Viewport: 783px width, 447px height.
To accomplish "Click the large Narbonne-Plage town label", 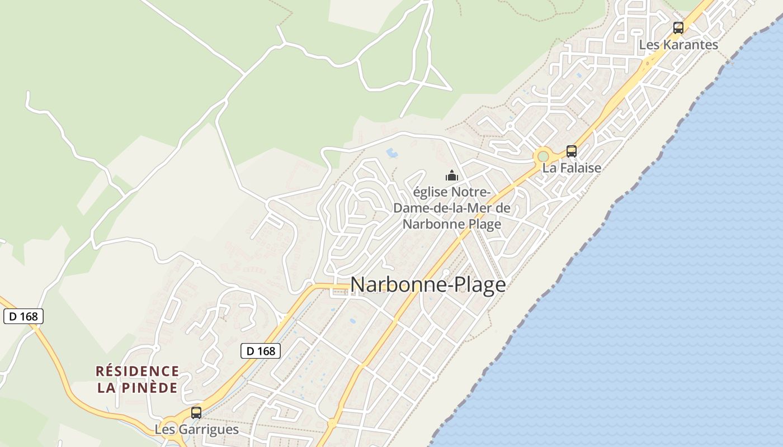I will click(x=428, y=285).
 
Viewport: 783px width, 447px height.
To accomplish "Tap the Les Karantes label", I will click(x=678, y=45).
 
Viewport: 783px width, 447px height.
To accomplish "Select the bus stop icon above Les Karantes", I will click(x=678, y=27).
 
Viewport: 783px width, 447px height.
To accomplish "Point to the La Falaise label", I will click(x=571, y=168).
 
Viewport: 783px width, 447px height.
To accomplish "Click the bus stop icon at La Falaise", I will click(x=571, y=151).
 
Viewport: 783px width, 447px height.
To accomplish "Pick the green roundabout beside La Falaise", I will click(x=543, y=156).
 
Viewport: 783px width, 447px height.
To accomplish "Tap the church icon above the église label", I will click(x=451, y=175).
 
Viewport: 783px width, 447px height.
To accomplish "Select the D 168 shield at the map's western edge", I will click(x=23, y=316).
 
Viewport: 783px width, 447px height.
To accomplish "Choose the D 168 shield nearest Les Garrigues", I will click(x=260, y=351).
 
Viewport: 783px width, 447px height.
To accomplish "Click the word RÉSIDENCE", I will click(x=138, y=372).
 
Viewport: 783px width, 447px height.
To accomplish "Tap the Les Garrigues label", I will click(x=196, y=430).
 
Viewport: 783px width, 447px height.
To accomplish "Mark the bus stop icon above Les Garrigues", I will click(x=196, y=413).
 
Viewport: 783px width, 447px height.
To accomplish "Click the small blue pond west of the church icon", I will click(x=392, y=152).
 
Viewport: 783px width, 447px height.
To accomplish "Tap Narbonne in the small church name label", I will click(x=428, y=224).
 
